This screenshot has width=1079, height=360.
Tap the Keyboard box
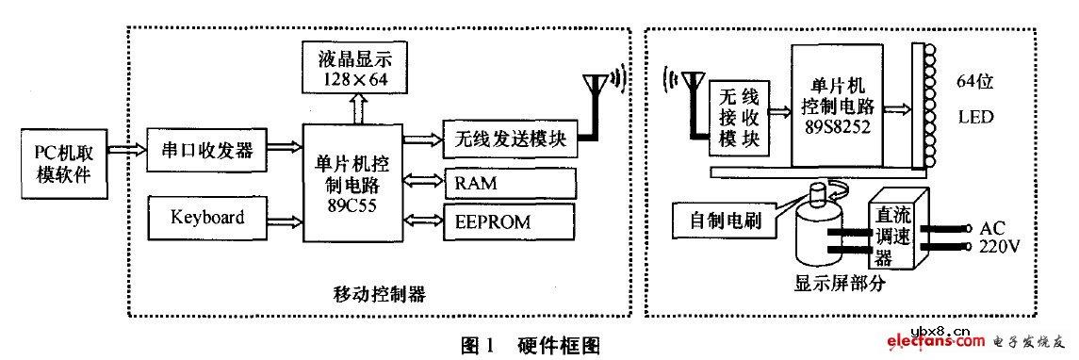pyautogui.click(x=207, y=218)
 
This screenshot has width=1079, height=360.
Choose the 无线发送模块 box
pyautogui.click(x=509, y=140)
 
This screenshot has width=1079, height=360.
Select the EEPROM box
pyautogui.click(x=509, y=221)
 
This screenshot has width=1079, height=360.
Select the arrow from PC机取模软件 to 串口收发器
pyautogui.click(x=126, y=150)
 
